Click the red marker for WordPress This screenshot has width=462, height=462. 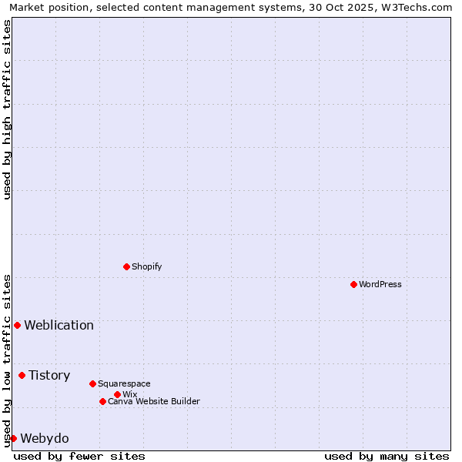coord(353,284)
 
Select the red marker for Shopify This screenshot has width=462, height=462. coord(126,266)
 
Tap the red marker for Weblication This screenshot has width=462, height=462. coord(17,325)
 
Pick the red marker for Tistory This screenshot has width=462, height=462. coord(22,375)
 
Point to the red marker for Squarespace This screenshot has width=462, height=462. coord(92,383)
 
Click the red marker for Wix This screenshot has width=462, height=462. coord(117,394)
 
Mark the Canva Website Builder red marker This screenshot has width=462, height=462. coord(102,401)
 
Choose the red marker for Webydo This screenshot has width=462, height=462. coord(13,438)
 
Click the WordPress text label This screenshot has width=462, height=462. coord(380,284)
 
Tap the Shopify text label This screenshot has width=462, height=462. coord(146,266)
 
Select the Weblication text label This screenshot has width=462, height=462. coord(59,325)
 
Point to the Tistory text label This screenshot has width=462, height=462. coord(49,375)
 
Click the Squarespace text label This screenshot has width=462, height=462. coord(124,383)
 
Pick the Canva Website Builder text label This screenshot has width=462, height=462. coord(153,401)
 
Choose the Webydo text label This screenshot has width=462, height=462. coord(44,438)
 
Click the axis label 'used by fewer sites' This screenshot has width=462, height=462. coord(79,456)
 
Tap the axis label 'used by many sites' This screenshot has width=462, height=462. coord(387,456)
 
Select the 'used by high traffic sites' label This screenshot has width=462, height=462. coord(7,109)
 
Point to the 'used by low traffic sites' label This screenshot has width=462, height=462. coord(7,360)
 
